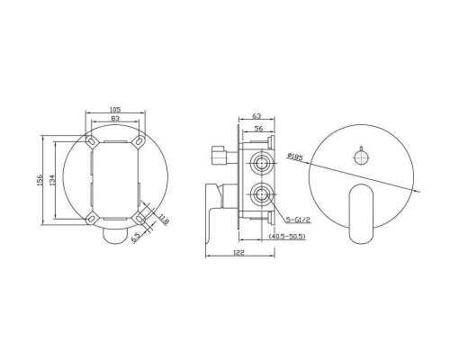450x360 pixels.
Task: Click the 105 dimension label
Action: [115, 109]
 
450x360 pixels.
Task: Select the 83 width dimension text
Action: [115, 119]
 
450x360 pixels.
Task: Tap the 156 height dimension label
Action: [40, 180]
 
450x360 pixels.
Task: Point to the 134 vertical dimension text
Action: [51, 180]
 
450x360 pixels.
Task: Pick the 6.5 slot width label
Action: [136, 238]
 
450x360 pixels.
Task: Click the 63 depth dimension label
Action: [257, 116]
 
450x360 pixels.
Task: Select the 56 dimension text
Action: [258, 129]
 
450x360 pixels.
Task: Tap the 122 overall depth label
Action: [238, 253]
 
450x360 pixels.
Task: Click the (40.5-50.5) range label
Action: [287, 237]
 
